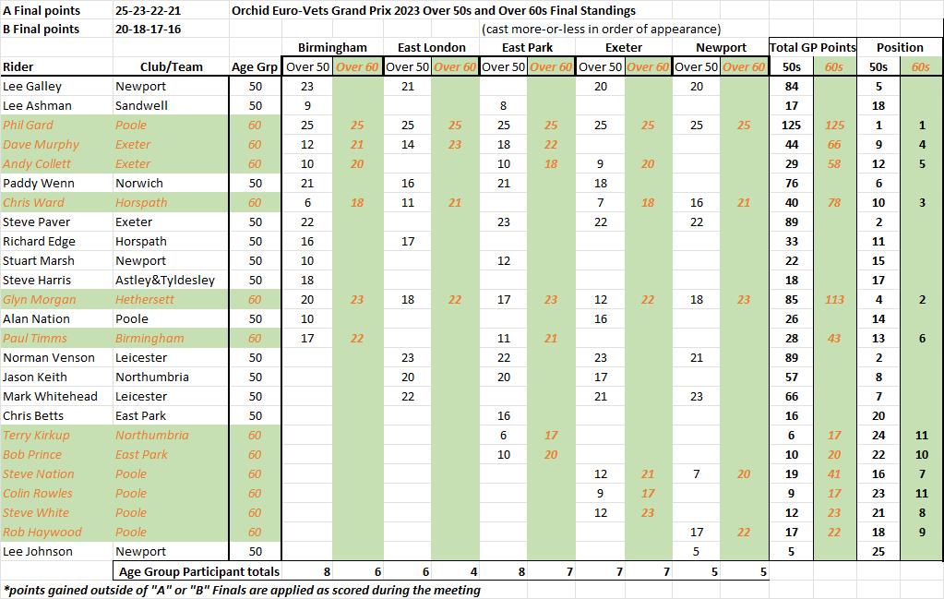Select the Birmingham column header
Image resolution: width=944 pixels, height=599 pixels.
(331, 47)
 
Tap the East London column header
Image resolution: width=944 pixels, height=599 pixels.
(431, 47)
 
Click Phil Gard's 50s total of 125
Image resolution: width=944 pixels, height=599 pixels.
(791, 125)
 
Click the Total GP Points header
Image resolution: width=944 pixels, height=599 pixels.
(812, 47)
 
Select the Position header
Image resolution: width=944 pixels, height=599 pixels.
(900, 47)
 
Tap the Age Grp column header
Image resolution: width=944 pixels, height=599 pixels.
(256, 66)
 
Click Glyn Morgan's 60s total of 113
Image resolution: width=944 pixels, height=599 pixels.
(834, 299)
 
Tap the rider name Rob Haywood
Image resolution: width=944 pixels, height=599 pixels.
(42, 532)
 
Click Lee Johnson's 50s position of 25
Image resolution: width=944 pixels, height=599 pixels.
(878, 551)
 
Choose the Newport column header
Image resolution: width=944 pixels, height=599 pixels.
(722, 47)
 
